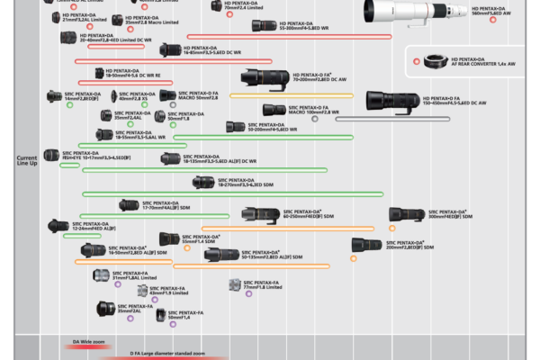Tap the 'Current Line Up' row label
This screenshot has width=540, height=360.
click(27, 160)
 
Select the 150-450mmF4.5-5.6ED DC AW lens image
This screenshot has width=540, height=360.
click(393, 101)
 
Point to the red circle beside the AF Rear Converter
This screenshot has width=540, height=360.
click(416, 61)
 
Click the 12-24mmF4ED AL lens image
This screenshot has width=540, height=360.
click(58, 226)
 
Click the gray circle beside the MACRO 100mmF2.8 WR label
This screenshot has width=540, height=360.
click(314, 118)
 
